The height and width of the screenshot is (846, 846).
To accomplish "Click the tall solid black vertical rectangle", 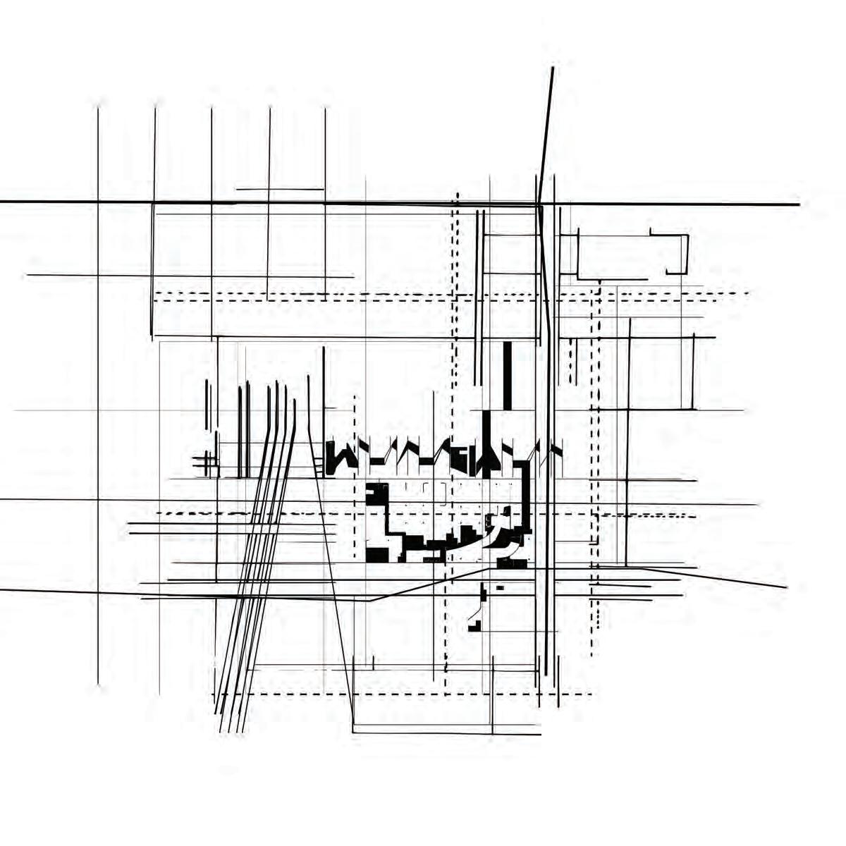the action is click(x=508, y=375).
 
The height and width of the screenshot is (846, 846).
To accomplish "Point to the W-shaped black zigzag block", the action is click(x=341, y=458).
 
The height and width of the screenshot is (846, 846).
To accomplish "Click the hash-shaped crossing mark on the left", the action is click(x=205, y=462).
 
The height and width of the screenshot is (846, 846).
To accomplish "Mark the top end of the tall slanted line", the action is click(x=552, y=68).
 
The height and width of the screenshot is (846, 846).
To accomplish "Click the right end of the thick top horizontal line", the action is click(x=798, y=204).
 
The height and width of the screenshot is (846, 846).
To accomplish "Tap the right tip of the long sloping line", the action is click(x=786, y=587).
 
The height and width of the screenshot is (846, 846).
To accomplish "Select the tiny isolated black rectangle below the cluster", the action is click(x=500, y=587).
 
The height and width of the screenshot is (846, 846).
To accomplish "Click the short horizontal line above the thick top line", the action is click(x=279, y=189).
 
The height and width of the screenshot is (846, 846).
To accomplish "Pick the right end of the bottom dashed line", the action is click(x=590, y=694).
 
